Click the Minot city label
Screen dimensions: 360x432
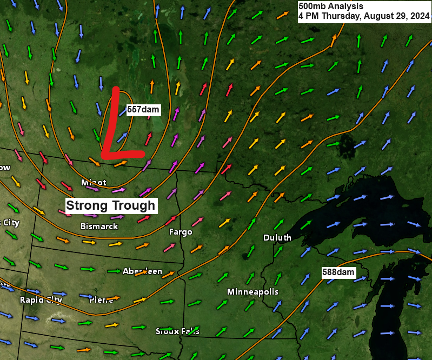(x=94, y=182)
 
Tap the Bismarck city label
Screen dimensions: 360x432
(x=99, y=226)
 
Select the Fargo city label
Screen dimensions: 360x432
(x=181, y=232)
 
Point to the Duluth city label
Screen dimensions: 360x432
(x=277, y=237)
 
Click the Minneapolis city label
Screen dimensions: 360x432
(x=252, y=292)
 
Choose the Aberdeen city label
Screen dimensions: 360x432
(x=142, y=271)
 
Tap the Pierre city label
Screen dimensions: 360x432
(x=101, y=299)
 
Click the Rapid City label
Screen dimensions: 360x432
(x=41, y=299)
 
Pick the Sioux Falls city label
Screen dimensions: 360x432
(x=177, y=331)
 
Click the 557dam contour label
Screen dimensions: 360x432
(x=143, y=110)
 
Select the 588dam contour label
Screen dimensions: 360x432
(x=338, y=272)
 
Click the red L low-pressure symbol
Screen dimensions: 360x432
(x=116, y=127)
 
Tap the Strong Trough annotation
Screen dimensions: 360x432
(x=111, y=205)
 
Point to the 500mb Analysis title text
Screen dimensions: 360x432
(x=331, y=6)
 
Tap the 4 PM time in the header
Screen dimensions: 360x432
(x=308, y=16)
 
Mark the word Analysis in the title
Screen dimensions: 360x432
(x=344, y=6)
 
